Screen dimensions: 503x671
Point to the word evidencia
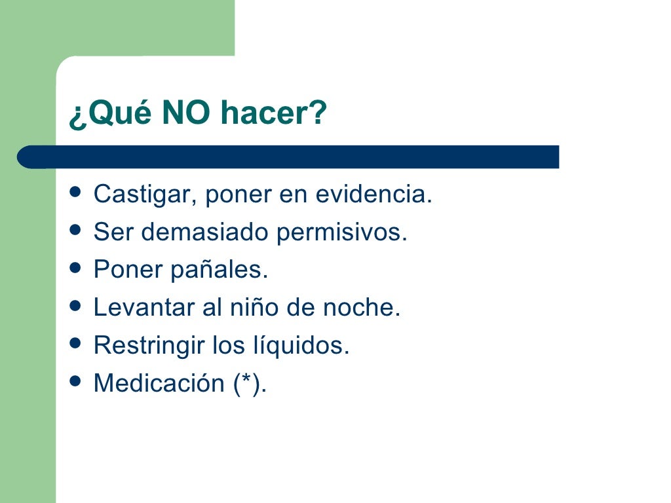374,195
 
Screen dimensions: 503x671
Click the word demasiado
205,233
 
